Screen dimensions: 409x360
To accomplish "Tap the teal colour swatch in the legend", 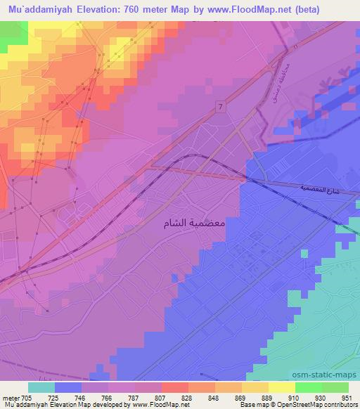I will tap(41, 387).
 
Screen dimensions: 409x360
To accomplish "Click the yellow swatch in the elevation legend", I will tap(281, 387).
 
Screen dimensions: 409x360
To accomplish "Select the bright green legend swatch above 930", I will tap(308, 387).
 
